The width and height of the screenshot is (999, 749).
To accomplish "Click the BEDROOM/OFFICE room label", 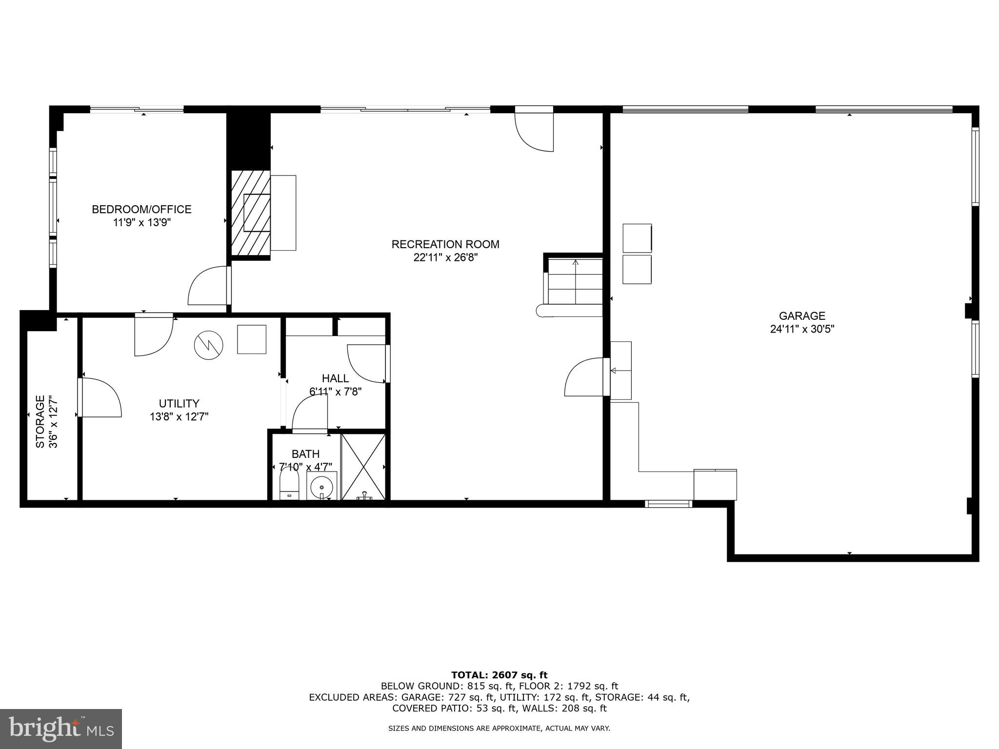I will click(x=141, y=209).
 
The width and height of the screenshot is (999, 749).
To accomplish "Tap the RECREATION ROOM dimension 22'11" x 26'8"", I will click(x=445, y=257).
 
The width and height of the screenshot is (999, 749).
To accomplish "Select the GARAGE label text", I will click(x=801, y=315).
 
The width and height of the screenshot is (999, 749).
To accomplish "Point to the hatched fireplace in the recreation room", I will click(x=251, y=213).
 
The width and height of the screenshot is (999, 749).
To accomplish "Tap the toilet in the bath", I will click(x=289, y=485).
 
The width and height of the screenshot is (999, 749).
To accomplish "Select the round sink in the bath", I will click(x=322, y=486).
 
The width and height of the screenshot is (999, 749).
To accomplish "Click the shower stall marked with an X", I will click(x=363, y=467).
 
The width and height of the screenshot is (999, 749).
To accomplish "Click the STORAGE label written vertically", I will click(x=40, y=421).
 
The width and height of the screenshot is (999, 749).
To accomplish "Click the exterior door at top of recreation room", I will click(x=535, y=129).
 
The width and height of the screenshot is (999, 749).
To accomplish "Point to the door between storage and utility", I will click(x=100, y=397).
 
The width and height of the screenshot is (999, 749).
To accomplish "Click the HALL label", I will click(x=335, y=378).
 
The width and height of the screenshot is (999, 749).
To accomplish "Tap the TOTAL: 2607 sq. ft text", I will click(x=499, y=675).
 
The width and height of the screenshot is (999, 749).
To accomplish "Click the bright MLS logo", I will click(x=61, y=729).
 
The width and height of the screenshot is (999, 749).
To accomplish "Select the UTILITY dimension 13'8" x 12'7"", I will click(x=179, y=416).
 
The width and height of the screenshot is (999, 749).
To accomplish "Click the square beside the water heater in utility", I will click(x=252, y=339).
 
